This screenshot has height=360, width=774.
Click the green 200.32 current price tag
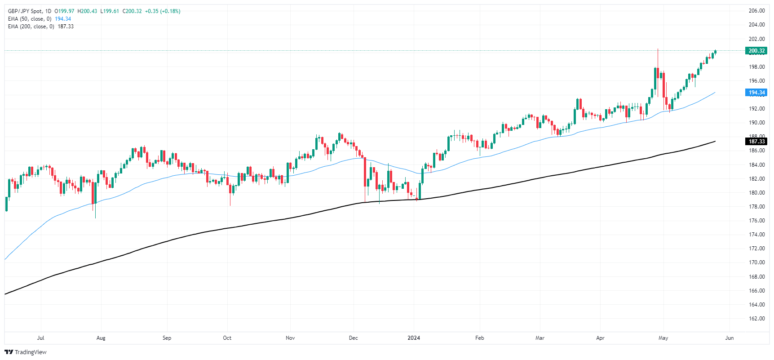point(756,51)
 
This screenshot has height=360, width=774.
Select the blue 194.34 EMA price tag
point(756,93)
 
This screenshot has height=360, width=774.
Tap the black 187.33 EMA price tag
point(756,142)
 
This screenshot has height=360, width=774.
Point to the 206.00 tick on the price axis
point(756,11)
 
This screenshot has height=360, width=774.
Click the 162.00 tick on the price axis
point(756,319)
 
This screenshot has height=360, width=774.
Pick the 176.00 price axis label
point(756,221)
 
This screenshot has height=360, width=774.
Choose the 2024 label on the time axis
point(414,338)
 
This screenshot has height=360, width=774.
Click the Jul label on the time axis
point(41,338)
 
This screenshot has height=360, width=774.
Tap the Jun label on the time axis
point(730,338)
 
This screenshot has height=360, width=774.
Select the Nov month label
point(290,338)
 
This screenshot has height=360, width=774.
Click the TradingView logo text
point(30,352)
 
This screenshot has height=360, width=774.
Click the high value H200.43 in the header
point(87,11)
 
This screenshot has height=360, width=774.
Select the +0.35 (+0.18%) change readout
point(163,11)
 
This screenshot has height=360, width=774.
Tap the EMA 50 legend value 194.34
point(63,19)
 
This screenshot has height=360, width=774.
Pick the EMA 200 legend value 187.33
point(66,27)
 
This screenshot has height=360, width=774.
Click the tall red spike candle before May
point(658,72)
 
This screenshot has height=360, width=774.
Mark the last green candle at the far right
point(715,53)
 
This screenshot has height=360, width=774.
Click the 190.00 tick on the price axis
point(756,123)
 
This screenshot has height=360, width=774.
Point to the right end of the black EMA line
point(715,142)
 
